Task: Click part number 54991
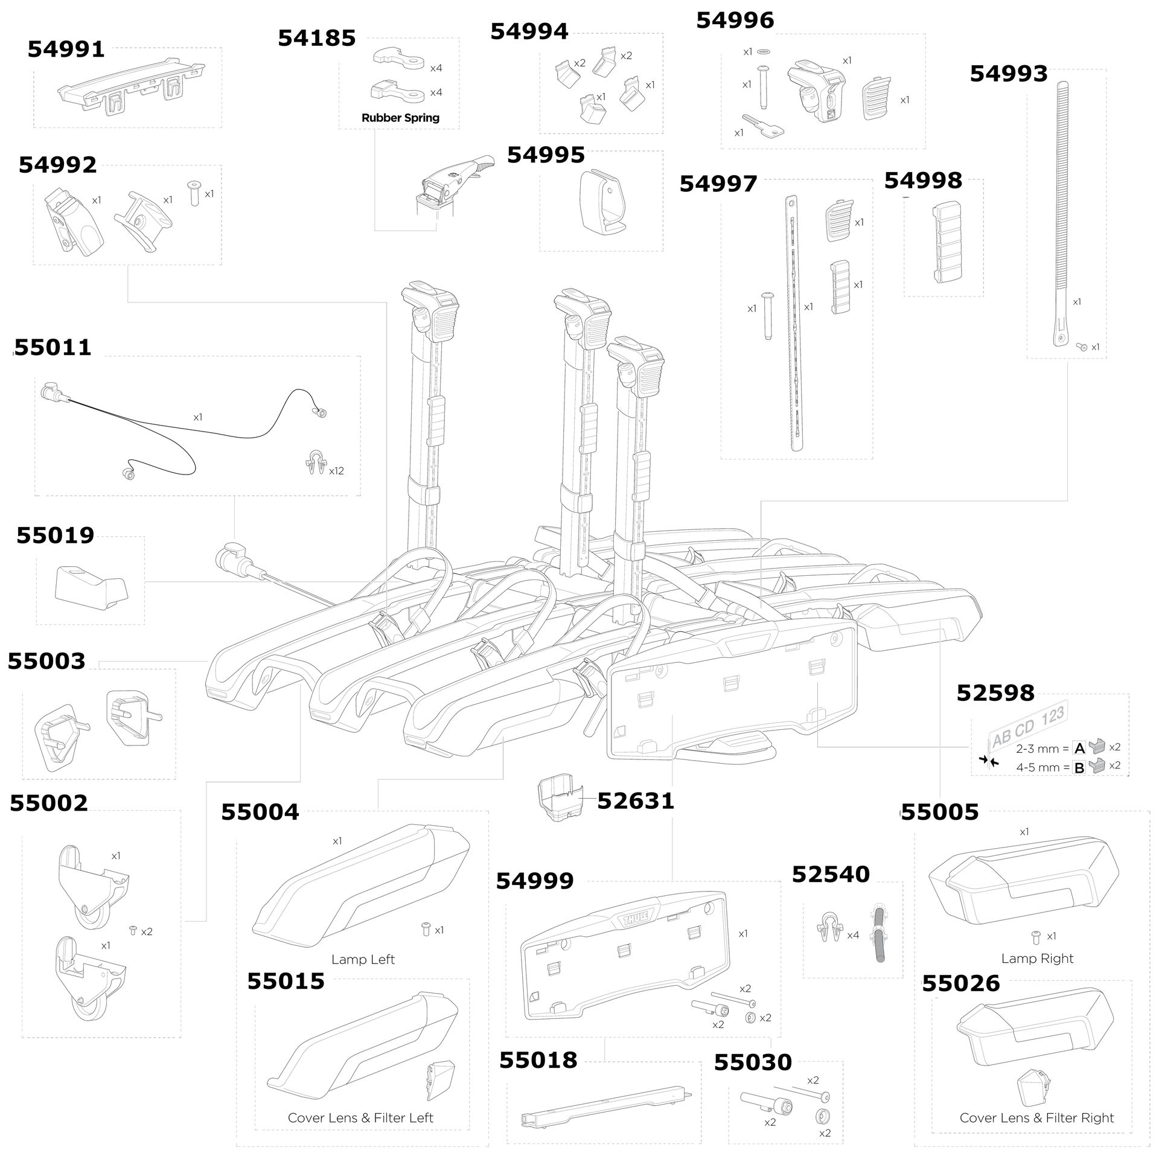tap(66, 49)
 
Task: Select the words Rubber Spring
tap(400, 118)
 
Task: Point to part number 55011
tap(53, 348)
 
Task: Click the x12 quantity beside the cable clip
tap(336, 471)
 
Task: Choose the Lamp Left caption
tap(363, 959)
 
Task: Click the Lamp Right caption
tap(1037, 958)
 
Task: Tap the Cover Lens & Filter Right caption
tap(1036, 1117)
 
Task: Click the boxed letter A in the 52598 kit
tap(1079, 749)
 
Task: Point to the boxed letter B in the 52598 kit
tap(1079, 768)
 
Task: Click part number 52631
tap(635, 801)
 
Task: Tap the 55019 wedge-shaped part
tap(91, 584)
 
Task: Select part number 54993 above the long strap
tap(1009, 74)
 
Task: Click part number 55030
tap(752, 1062)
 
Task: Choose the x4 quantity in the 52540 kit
tap(852, 935)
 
